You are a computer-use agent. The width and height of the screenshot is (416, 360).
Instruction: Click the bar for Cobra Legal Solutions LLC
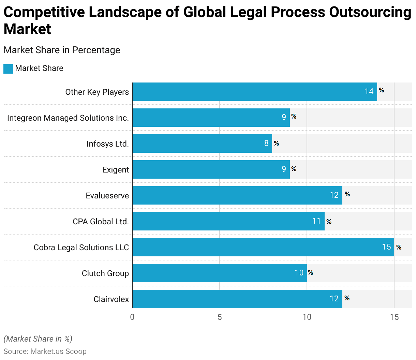(x=263, y=247)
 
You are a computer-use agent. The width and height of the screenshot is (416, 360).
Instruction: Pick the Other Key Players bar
(x=254, y=92)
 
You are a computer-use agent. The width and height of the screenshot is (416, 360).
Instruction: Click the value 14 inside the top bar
(x=369, y=91)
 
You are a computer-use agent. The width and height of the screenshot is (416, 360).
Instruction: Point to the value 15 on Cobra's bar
(x=386, y=247)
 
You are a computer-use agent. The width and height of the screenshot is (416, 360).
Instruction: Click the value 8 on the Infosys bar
(x=266, y=143)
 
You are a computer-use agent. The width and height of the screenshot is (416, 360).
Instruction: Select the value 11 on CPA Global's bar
(x=316, y=221)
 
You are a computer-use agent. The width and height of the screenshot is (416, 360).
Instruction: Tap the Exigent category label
(x=116, y=170)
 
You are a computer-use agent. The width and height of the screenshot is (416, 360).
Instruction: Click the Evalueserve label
(x=107, y=196)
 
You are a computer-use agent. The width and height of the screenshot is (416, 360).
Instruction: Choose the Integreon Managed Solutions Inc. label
(x=68, y=118)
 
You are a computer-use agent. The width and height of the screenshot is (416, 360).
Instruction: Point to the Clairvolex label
(x=111, y=299)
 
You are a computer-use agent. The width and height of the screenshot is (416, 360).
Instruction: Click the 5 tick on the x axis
(x=220, y=317)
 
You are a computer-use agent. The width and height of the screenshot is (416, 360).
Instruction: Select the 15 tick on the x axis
(x=394, y=317)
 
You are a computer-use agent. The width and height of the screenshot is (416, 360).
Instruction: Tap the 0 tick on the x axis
(x=132, y=317)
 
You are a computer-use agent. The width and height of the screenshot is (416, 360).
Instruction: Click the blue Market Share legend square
(x=8, y=69)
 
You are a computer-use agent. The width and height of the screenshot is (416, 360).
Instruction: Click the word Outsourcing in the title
(x=370, y=12)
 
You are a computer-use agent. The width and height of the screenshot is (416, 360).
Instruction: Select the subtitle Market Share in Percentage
(x=62, y=50)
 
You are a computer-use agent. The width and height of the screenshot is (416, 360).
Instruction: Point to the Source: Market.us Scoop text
(x=45, y=351)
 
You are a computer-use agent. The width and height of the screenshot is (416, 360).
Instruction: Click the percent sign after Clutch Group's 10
(x=310, y=272)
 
